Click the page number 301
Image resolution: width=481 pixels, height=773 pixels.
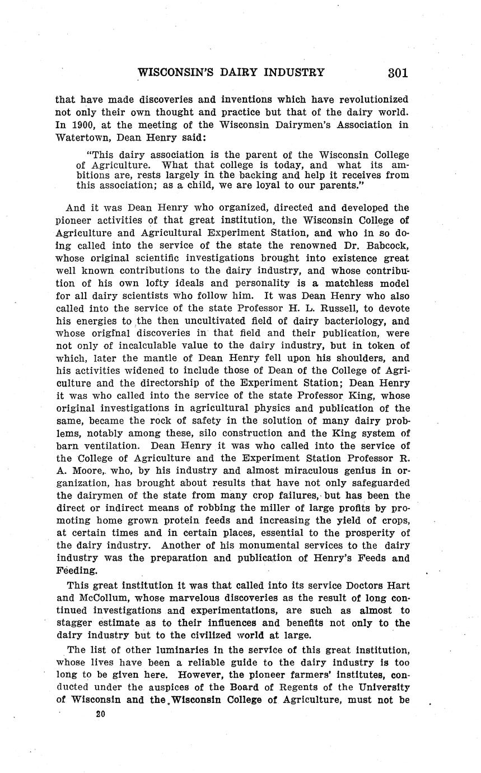click(396, 72)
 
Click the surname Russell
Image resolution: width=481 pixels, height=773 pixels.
click(328, 309)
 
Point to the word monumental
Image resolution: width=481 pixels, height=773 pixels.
click(245, 545)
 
